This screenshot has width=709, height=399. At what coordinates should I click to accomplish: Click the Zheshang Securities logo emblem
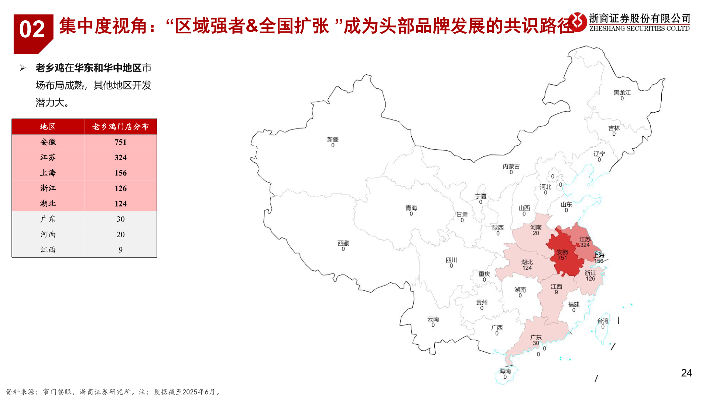[x=578, y=22]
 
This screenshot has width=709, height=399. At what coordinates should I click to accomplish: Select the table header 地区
[x=48, y=127]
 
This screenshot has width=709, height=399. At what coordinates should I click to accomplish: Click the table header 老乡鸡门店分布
[x=120, y=127]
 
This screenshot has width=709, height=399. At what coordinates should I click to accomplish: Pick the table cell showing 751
[x=120, y=142]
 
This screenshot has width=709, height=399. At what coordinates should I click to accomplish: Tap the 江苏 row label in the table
[x=48, y=157]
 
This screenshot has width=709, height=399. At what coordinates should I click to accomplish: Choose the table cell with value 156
[x=120, y=173]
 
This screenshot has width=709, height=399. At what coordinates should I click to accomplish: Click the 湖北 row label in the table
[x=48, y=204]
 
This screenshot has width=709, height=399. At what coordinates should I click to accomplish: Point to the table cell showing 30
[x=120, y=219]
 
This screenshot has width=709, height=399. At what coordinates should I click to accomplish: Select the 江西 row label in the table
[x=48, y=250]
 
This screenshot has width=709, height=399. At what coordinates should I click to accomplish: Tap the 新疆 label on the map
[x=333, y=140]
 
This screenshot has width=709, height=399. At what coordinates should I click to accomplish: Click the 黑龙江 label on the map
[x=622, y=93]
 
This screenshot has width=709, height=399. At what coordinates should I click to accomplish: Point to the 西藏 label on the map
[x=343, y=243]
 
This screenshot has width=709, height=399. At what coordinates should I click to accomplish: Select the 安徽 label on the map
[x=562, y=252]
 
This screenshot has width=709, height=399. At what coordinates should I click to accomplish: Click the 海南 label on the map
[x=505, y=371]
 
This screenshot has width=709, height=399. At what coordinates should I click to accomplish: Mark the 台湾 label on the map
[x=603, y=321]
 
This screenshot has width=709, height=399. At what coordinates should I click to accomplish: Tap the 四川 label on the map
[x=451, y=260]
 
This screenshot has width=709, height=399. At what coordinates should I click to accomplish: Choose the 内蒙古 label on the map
[x=511, y=167]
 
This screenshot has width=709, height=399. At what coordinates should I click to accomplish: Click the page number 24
[x=686, y=373]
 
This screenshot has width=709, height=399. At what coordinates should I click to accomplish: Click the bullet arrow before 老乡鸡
[x=23, y=68]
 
